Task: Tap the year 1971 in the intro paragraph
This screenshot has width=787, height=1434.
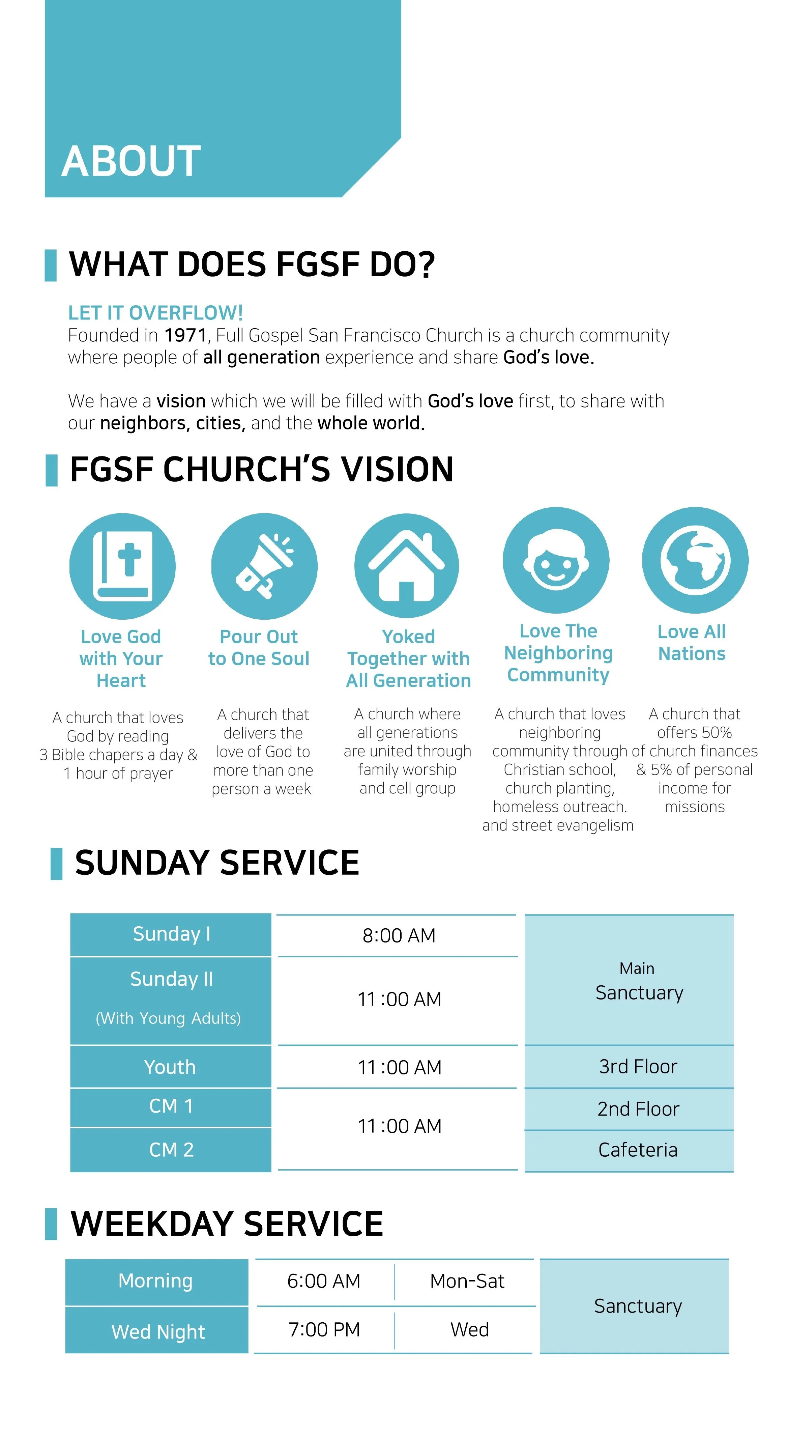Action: (x=185, y=336)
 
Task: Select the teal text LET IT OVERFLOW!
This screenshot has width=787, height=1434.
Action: (x=155, y=313)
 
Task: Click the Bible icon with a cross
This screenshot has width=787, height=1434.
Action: (x=122, y=566)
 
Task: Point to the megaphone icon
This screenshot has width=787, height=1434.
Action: (x=264, y=566)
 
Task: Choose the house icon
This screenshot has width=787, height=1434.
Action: (x=406, y=566)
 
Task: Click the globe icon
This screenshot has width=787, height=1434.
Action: (x=695, y=560)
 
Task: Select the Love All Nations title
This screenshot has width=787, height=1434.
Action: (x=692, y=642)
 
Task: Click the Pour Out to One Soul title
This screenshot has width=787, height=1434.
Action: (x=259, y=647)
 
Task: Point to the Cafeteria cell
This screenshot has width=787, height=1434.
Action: (x=638, y=1150)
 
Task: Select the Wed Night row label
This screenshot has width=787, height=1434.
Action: (x=158, y=1331)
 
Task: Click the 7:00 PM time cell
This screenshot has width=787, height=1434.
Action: (x=324, y=1330)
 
